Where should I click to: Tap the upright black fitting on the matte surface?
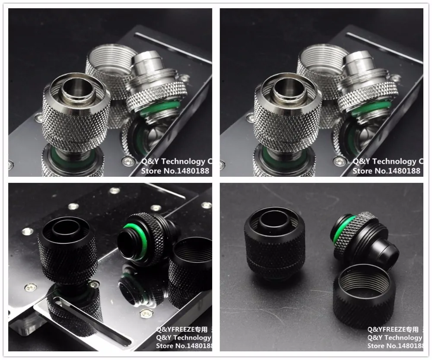coord(271,242)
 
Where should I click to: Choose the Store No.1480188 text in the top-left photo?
coord(175,171)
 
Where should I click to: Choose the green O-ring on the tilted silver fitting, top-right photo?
coord(371,108)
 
